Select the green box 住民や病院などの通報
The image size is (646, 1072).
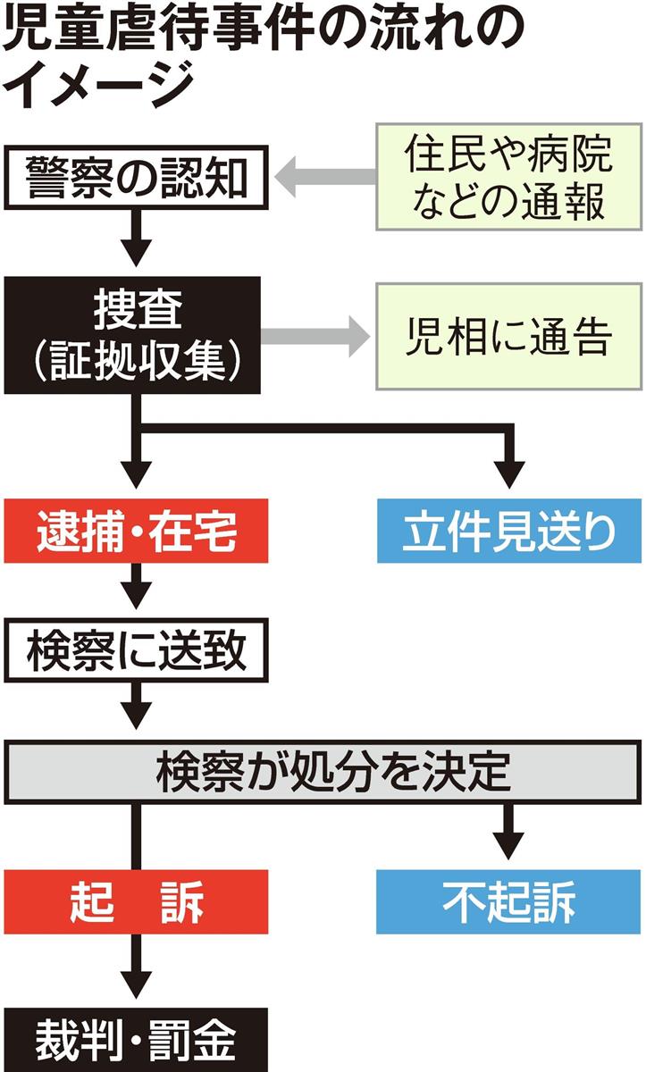click(x=508, y=178)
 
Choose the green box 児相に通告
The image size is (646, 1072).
click(x=508, y=337)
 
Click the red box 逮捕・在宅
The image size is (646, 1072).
click(x=136, y=533)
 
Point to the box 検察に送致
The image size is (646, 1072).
click(x=136, y=652)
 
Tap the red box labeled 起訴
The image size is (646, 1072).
click(x=136, y=903)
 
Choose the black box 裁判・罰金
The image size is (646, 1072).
click(x=136, y=1041)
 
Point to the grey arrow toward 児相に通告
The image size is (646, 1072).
click(x=316, y=337)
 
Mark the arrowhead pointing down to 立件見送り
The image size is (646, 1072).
click(x=509, y=471)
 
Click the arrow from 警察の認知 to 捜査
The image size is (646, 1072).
click(x=136, y=237)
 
